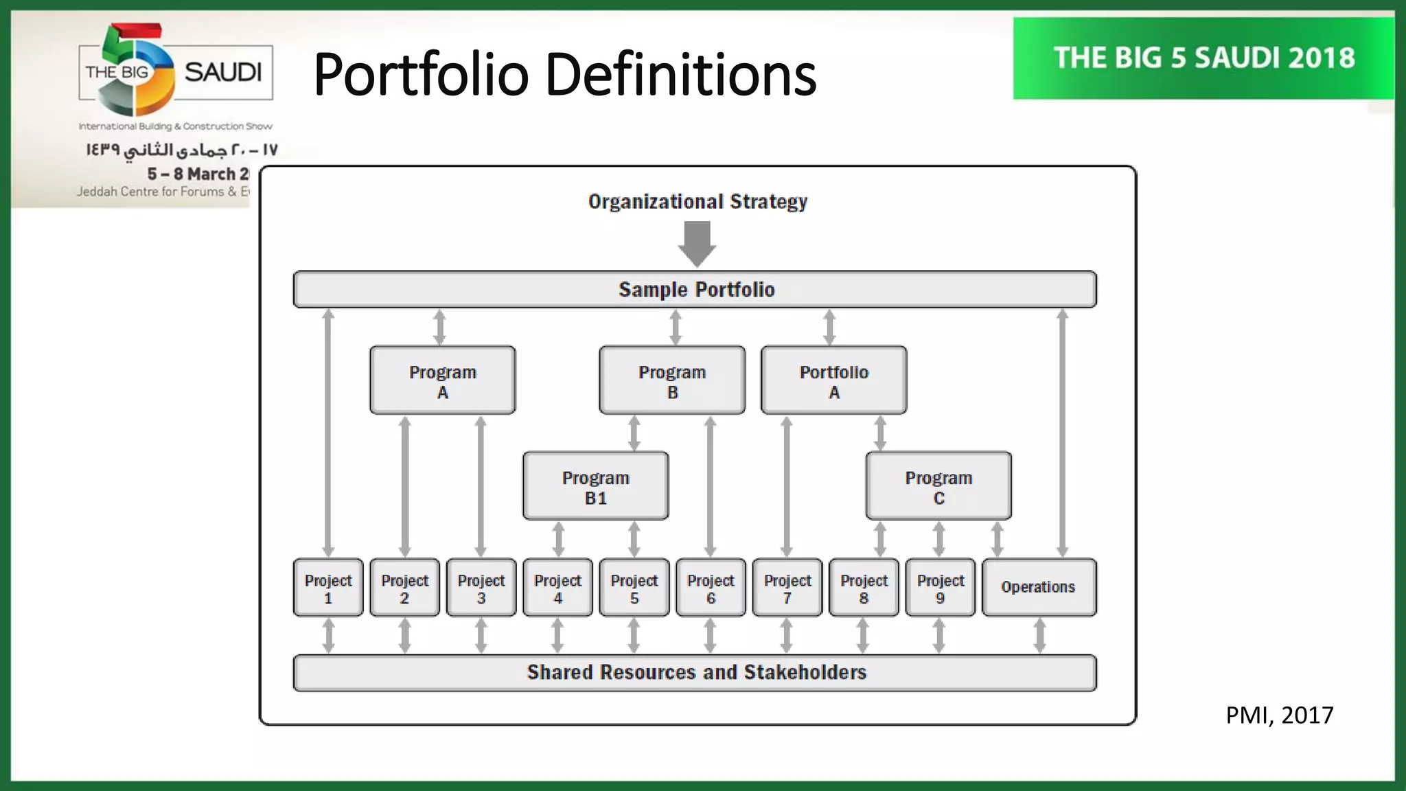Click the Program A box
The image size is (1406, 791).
(442, 380)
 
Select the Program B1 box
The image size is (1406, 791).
(595, 485)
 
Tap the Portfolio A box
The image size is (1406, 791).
(833, 380)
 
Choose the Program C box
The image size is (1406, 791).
(938, 485)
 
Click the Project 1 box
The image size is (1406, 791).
(328, 588)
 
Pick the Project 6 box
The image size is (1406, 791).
(711, 588)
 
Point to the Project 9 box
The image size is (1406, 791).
(940, 588)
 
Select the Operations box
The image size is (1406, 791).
(1039, 588)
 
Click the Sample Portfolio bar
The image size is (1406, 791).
(695, 289)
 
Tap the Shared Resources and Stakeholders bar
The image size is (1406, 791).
(695, 672)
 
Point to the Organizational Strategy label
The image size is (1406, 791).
(698, 202)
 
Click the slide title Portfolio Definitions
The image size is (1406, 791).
(564, 74)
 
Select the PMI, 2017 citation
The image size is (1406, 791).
(1279, 715)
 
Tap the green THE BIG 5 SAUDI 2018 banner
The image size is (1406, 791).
(1203, 58)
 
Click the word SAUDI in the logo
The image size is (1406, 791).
(223, 72)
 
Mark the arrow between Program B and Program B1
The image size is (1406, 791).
(634, 433)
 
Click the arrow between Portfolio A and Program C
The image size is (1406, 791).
(880, 433)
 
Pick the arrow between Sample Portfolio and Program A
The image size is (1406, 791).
(439, 327)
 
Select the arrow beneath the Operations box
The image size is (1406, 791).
(1039, 635)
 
